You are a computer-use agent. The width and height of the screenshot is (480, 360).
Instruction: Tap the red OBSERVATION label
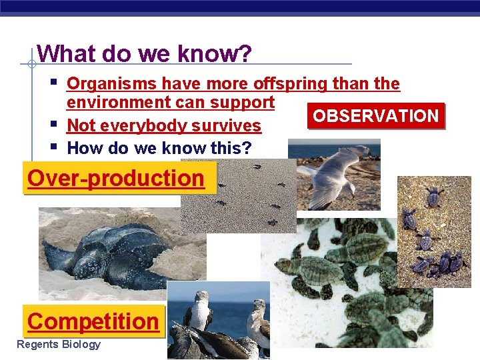point(375,116)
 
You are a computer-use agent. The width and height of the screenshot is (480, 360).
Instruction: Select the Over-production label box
point(116,179)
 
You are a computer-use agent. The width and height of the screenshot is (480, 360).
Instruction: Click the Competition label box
point(93,321)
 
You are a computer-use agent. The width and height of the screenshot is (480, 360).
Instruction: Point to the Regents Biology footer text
point(59,345)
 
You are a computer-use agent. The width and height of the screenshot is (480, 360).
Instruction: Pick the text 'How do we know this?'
point(160,148)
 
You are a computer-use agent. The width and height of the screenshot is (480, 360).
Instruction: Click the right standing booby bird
point(258,320)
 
